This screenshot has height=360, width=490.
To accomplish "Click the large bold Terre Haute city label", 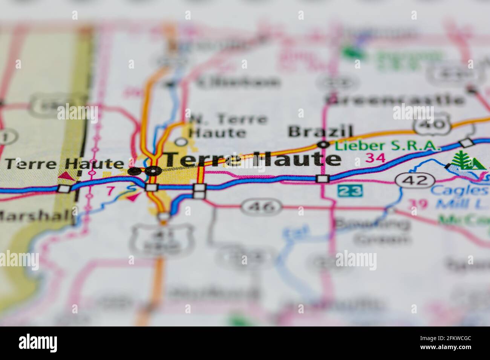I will (x=253, y=159).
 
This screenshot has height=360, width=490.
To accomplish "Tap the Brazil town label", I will (x=321, y=132).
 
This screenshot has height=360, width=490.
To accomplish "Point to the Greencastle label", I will (x=395, y=100).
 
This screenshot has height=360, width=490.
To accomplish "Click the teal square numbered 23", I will (x=350, y=191).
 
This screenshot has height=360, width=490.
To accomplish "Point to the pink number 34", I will (x=377, y=158).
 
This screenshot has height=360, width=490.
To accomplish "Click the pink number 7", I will (x=110, y=191).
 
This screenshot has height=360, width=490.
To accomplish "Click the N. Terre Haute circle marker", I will (x=182, y=142).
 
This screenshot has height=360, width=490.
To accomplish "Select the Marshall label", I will (x=36, y=215).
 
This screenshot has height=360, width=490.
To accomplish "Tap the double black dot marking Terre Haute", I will (x=145, y=171).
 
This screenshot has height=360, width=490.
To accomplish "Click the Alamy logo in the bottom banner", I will (x=38, y=343).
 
